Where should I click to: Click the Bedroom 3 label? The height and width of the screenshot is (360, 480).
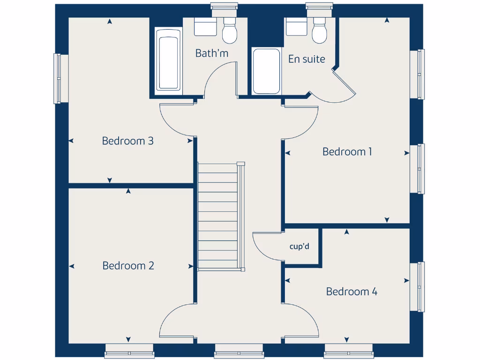[128, 141]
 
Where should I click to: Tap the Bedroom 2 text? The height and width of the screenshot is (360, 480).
[128, 266]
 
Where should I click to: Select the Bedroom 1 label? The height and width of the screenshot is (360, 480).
[347, 152]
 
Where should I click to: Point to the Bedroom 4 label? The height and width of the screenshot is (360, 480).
[352, 292]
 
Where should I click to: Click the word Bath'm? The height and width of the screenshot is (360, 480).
[212, 53]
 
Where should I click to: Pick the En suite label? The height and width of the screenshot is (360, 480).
[307, 59]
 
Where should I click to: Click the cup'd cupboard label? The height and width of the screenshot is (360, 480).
[300, 246]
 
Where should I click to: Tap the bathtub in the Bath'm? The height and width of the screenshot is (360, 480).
[168, 60]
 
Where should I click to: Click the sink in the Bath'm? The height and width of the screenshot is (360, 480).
[205, 27]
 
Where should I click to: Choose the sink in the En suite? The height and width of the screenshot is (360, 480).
[296, 27]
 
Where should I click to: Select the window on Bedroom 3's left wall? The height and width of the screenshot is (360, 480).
[58, 78]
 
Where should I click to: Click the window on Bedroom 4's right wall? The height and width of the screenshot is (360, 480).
[417, 286]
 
